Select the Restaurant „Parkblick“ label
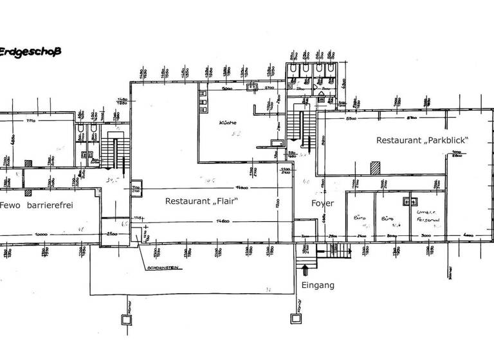tap(421, 140)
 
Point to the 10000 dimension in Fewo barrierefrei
tap(43, 233)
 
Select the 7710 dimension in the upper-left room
tap(31, 120)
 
